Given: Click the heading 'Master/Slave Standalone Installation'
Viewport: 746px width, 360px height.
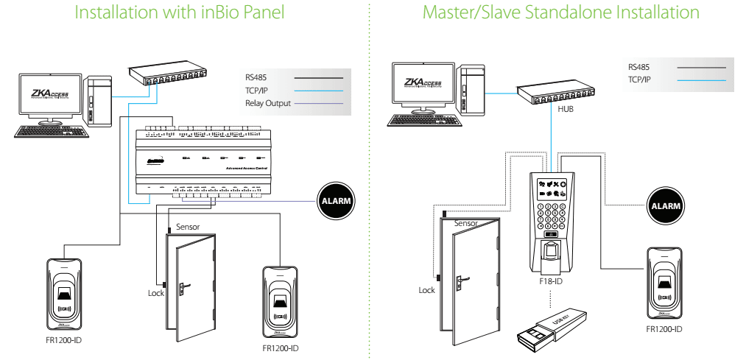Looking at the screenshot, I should click(560, 14).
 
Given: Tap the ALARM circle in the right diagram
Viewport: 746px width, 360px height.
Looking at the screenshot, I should click(665, 204).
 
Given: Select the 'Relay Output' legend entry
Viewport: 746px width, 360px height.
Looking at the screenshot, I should click(268, 104).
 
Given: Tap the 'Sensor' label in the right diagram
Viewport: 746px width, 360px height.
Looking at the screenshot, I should click(465, 222).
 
